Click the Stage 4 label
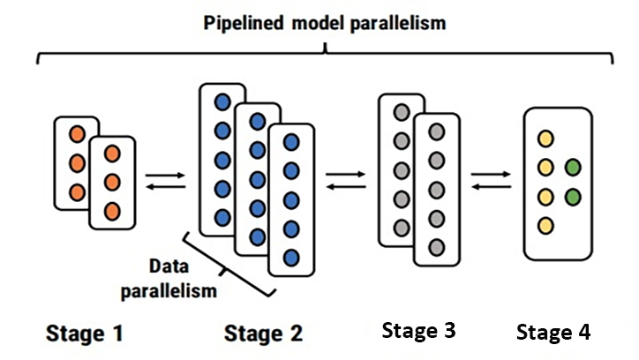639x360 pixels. point(553,333)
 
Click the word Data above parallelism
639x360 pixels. point(169,265)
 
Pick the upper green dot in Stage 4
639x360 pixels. point(574,167)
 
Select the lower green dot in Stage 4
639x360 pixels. point(574,196)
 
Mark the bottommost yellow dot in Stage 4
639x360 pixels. point(546,225)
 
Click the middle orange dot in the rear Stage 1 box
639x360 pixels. point(77,163)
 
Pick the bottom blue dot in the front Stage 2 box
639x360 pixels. point(291,259)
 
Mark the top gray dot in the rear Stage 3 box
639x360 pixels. point(402,112)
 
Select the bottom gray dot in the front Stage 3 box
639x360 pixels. point(437,246)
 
